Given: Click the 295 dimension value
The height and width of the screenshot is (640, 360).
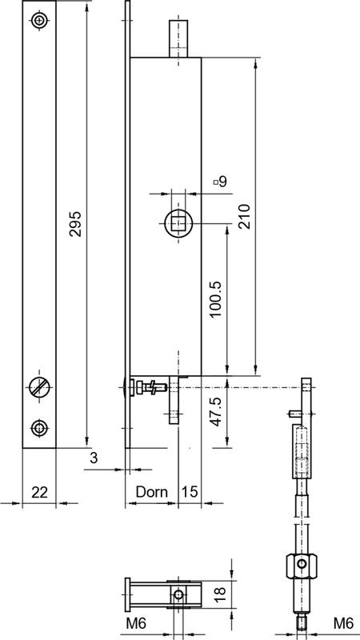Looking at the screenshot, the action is pos(76,223).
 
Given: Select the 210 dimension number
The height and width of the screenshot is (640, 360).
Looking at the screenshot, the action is pos(244,216).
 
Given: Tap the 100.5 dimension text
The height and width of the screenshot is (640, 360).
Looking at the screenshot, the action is pos(215,299).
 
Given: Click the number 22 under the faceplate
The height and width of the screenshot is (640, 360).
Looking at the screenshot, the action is pos(39,492).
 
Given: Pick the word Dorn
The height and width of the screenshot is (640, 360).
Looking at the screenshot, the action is pos(151,492).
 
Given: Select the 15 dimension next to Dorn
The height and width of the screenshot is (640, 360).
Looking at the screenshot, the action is pos(190,492).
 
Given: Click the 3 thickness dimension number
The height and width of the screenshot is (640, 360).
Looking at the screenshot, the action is pos(94,458).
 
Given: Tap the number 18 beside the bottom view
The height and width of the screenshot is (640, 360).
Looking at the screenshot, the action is pos(221,594).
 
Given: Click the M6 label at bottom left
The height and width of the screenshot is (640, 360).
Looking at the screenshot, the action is pos(135,623).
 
